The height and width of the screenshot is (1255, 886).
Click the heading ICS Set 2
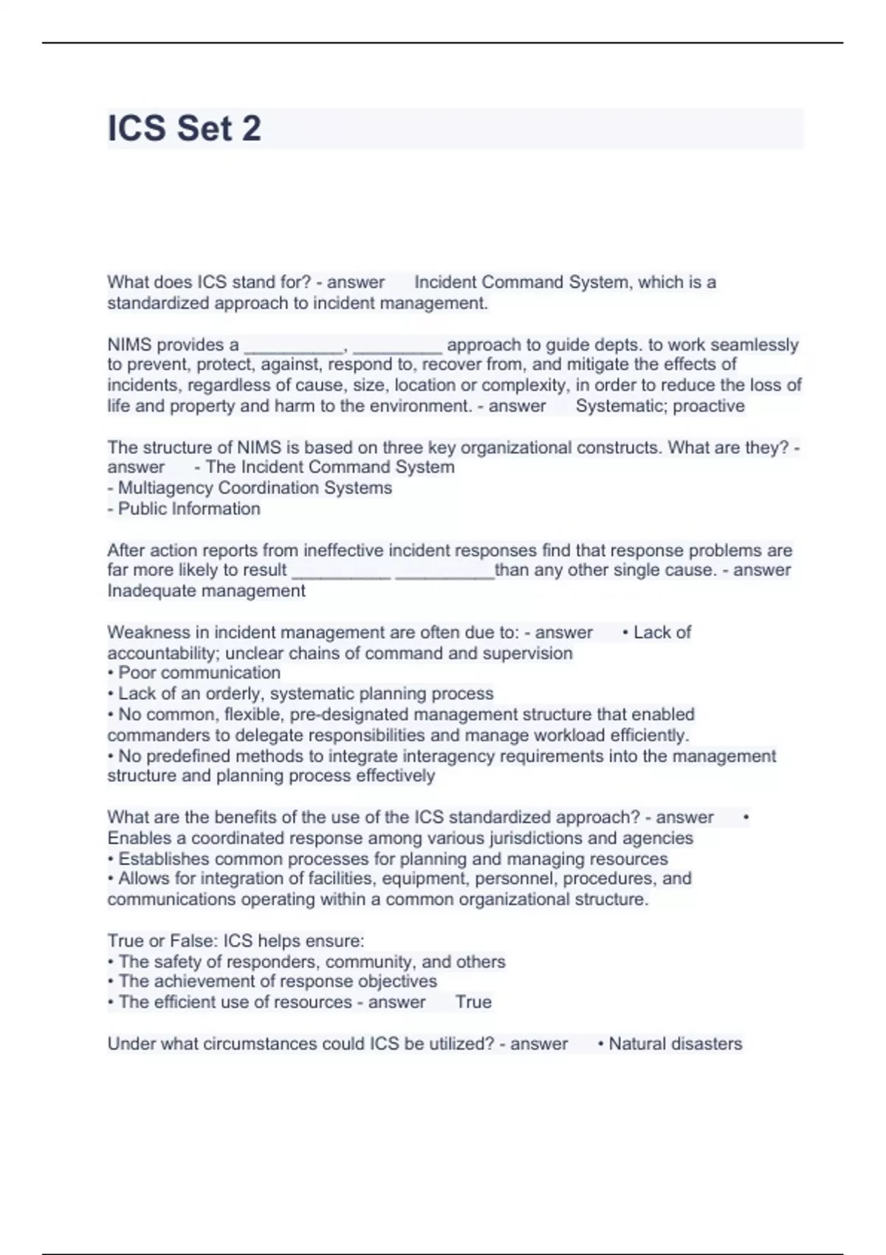coord(185,128)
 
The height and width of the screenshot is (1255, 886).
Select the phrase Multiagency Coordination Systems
coord(255,488)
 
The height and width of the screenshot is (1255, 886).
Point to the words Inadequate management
coord(206,591)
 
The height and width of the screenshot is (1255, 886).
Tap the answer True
coord(473,1002)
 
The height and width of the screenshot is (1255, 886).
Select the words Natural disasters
coord(675,1044)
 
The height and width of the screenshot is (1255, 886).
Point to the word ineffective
coord(343,550)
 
